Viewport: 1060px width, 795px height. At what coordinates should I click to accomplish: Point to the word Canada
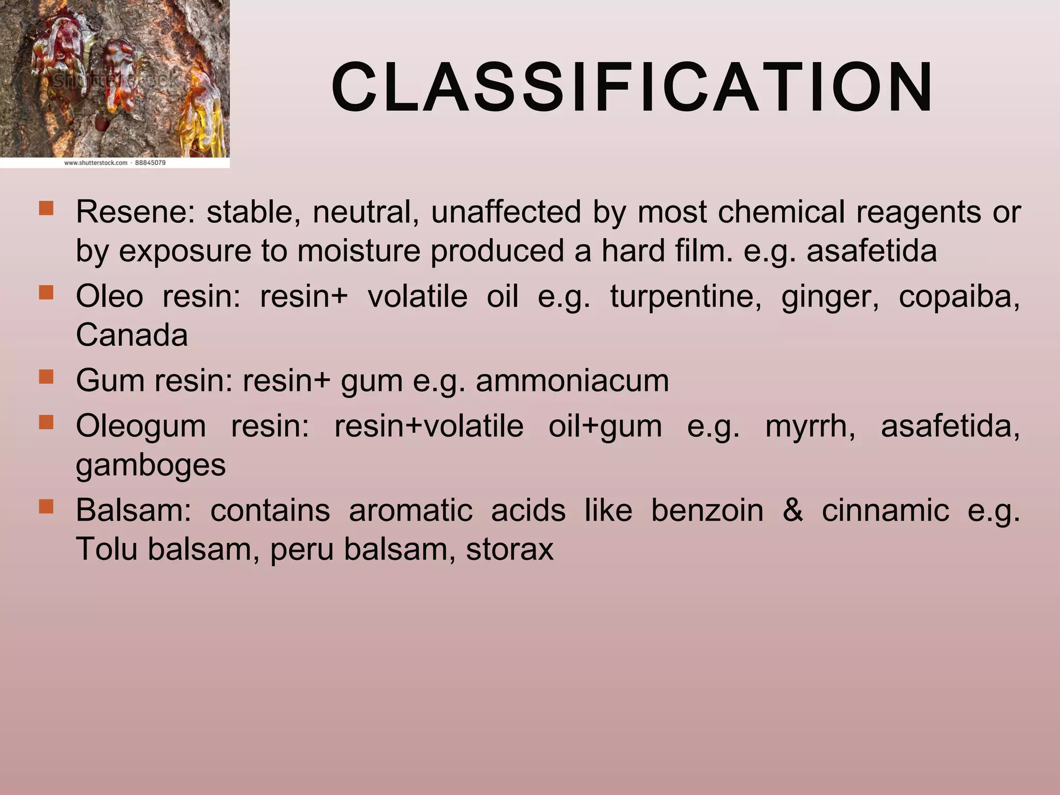[x=131, y=335]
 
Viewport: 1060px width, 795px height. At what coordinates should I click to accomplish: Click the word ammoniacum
[x=572, y=381]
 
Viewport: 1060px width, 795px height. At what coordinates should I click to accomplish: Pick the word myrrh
[x=810, y=427]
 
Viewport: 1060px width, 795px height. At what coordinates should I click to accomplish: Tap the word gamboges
[x=151, y=465]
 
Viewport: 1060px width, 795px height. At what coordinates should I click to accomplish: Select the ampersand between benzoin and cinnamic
[x=792, y=510]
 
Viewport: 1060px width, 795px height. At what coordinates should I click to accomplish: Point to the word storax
[x=509, y=550]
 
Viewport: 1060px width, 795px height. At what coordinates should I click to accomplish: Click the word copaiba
[x=959, y=297]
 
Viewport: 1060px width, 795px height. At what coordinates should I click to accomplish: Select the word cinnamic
[x=885, y=510]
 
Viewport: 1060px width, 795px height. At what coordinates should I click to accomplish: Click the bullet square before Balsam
[x=46, y=507]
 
